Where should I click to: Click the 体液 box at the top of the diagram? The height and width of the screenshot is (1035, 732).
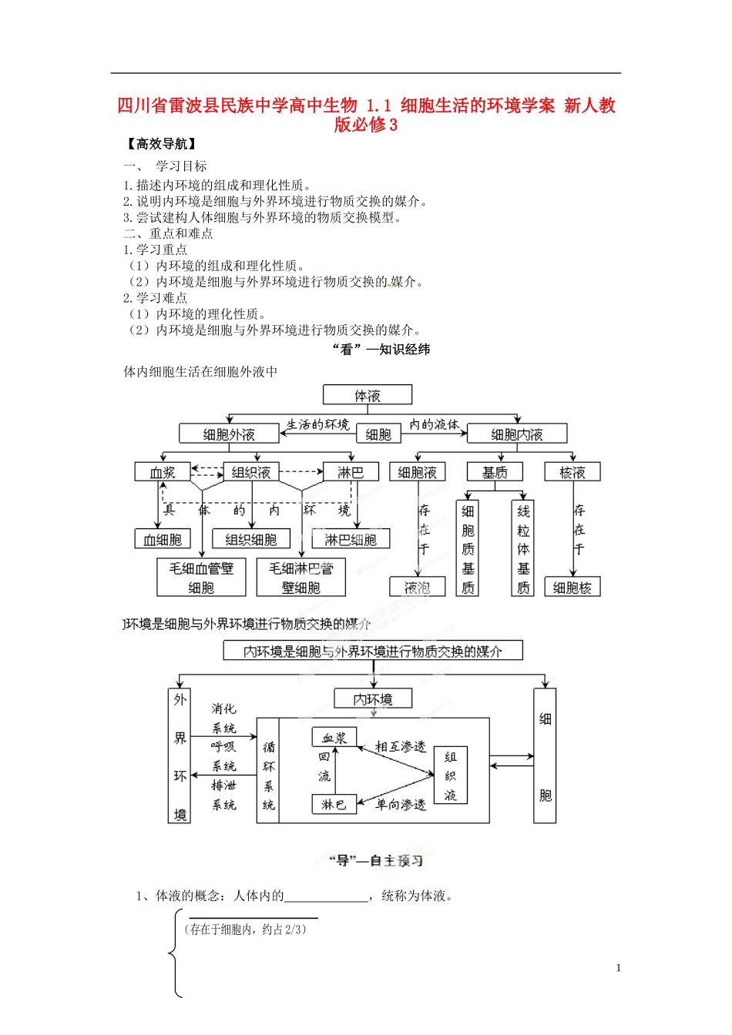point(368,396)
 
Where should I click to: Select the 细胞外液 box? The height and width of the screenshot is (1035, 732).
point(229,434)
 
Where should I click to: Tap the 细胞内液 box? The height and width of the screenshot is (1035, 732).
point(517,434)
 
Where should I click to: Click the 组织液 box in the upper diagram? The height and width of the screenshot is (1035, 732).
point(251,472)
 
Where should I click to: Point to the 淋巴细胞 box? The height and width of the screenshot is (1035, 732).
point(351,540)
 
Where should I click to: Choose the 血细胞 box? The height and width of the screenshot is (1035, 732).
point(163,540)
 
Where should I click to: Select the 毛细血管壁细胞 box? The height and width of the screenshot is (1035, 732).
point(201,578)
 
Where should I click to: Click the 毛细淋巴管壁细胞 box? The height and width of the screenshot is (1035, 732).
point(301,578)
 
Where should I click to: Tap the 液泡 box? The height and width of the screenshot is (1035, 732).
point(417,588)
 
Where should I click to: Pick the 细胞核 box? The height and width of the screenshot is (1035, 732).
point(572,588)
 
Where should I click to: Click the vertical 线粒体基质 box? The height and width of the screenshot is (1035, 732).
point(523,548)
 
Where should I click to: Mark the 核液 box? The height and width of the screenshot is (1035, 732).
point(572,472)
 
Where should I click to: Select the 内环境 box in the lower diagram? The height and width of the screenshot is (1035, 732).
point(373,699)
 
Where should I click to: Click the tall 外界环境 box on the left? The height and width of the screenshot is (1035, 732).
point(180,756)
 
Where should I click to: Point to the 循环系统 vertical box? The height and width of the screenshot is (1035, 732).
point(268,771)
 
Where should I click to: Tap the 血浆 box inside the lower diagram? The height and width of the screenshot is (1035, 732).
point(334,738)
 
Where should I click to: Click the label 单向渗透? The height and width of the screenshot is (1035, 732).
point(401,805)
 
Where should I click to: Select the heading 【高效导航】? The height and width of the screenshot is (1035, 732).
point(160,144)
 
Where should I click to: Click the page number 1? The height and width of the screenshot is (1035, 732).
point(618,969)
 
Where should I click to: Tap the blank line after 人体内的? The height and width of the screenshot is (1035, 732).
point(327,896)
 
